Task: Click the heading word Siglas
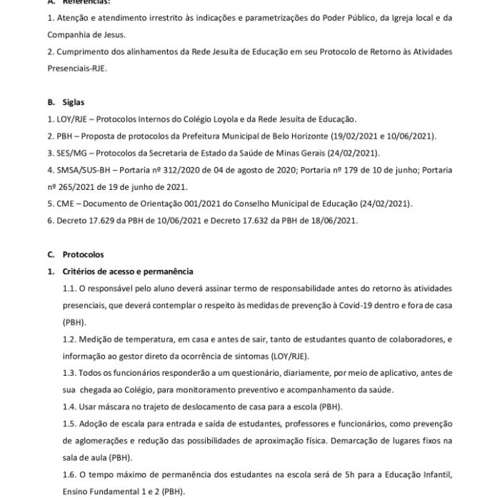[x=74, y=102]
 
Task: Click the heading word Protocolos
[x=83, y=254]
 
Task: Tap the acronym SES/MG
[x=73, y=154]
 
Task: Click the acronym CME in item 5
[x=66, y=204]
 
